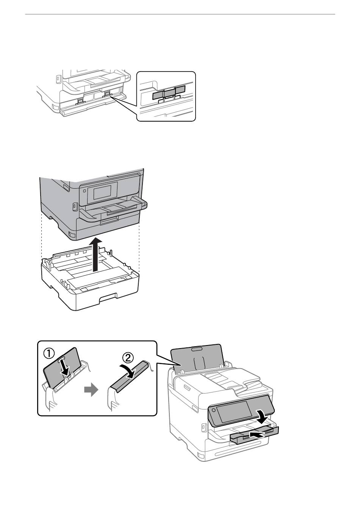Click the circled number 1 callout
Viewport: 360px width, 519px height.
(x=49, y=353)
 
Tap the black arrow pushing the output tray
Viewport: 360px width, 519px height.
(x=257, y=435)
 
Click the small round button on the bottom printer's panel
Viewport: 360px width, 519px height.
(x=214, y=410)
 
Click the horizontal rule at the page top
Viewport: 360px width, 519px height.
(x=180, y=14)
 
